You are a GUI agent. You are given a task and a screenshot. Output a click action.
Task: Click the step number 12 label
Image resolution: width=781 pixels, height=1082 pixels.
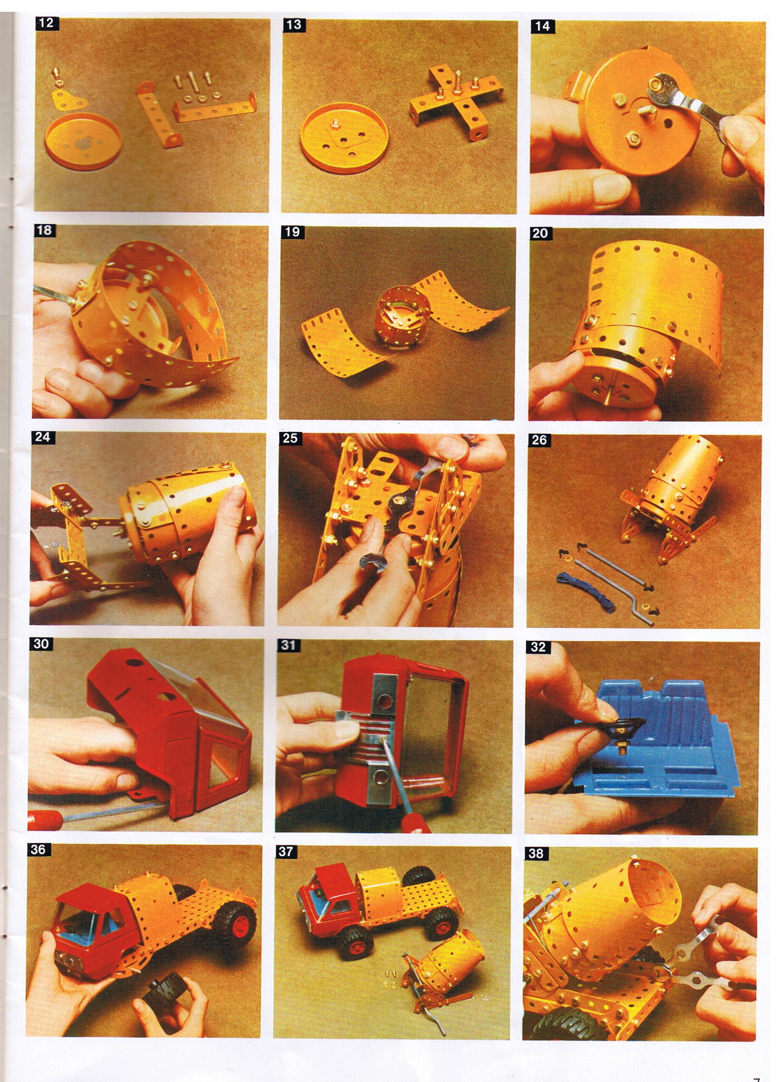47,23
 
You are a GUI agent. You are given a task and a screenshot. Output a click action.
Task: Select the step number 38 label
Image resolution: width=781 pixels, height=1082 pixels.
536,853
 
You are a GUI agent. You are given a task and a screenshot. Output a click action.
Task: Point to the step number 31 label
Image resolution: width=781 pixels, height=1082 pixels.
288,645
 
